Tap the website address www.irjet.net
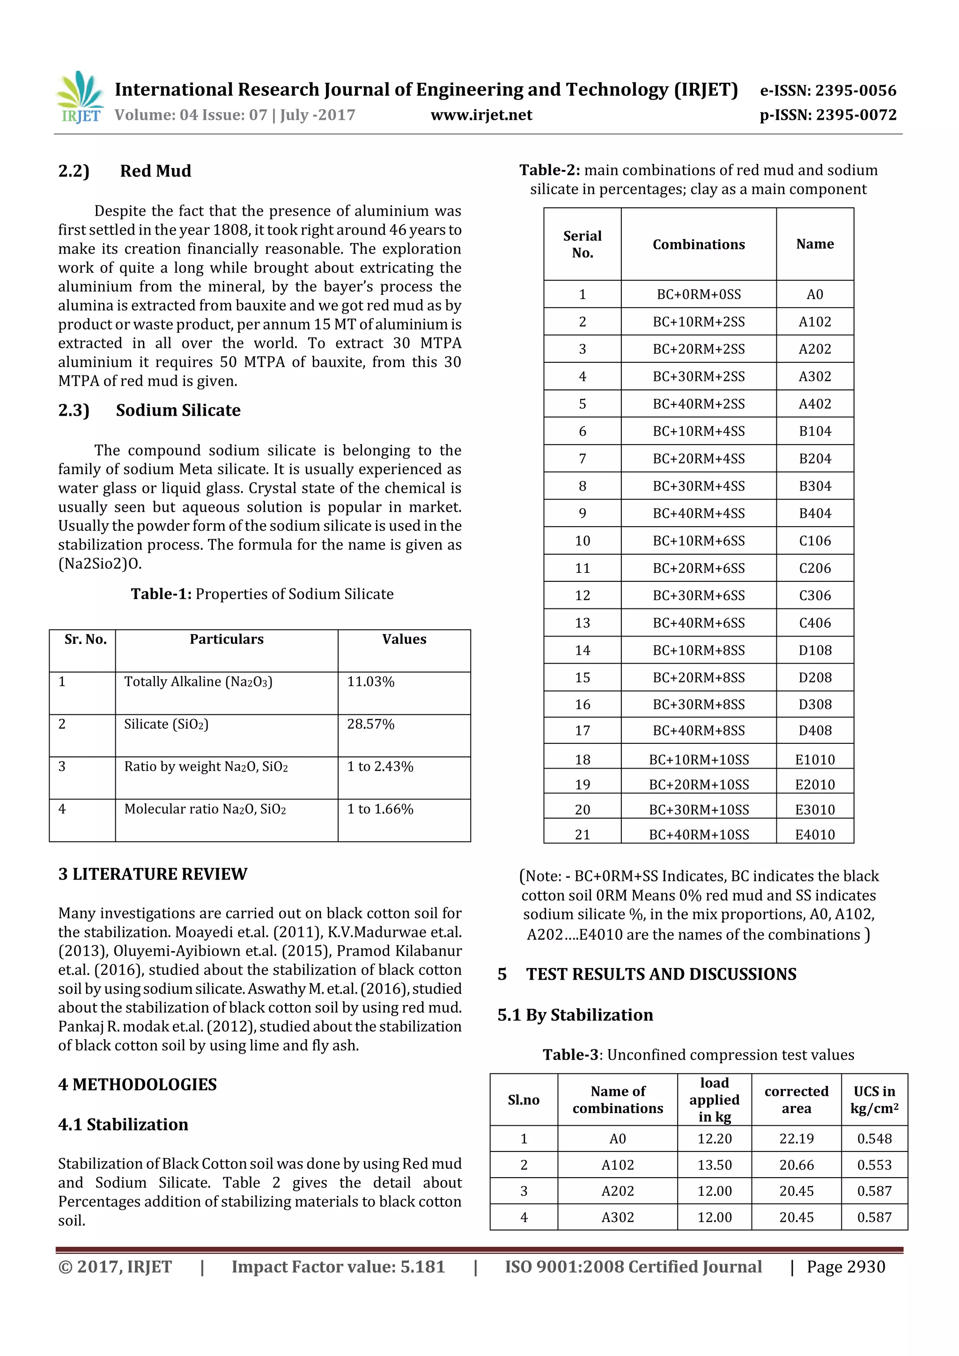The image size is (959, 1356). tap(481, 115)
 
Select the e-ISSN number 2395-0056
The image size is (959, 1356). tap(855, 90)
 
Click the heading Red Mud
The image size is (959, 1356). tap(155, 171)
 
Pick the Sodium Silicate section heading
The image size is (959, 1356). tap(178, 410)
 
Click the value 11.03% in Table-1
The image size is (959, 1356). tap(370, 682)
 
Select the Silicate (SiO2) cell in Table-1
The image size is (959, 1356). tap(166, 724)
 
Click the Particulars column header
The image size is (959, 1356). tap(226, 639)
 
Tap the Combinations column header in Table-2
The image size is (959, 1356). tap(699, 244)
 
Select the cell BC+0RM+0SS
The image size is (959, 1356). tap(699, 294)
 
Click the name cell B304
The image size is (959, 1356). tap(815, 486)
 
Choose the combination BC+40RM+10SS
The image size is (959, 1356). tap(699, 835)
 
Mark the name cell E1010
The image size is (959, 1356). tap(815, 760)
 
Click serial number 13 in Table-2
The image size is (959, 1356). tap(582, 623)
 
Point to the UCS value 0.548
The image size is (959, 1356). tap(874, 1139)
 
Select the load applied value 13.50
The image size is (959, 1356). tap(715, 1165)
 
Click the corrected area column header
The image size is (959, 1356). tap(796, 1099)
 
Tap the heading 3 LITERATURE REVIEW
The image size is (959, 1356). tap(153, 874)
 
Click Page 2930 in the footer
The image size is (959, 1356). tap(846, 1267)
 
